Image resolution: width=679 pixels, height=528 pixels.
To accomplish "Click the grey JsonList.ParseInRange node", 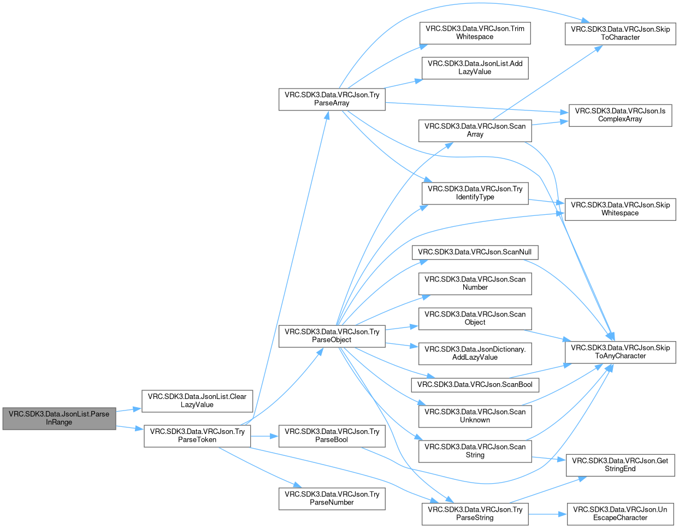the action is tap(59, 418).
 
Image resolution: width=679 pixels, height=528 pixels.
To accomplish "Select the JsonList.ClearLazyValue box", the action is tap(197, 401).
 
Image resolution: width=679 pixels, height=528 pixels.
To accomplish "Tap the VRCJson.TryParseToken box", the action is tap(197, 436).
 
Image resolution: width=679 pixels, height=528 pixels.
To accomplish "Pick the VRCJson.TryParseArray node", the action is tap(332, 99).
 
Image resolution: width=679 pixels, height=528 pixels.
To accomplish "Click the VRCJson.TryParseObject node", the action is tap(332, 336).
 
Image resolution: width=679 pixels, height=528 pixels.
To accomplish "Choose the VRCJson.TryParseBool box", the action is tap(332, 436).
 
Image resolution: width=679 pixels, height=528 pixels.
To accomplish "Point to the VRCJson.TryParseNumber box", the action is tap(332, 498).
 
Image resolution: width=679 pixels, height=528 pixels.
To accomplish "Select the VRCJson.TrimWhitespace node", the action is tap(475, 33).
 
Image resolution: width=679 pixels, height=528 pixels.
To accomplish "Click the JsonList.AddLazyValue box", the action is tap(475, 68).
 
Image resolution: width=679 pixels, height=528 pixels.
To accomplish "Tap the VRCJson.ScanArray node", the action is tap(475, 131).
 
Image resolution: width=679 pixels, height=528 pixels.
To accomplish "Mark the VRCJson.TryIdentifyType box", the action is tap(475, 193).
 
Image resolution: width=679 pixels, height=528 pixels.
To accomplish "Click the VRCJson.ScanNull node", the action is tap(475, 253).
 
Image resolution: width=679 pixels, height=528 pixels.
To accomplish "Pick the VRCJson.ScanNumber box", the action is tap(475, 284).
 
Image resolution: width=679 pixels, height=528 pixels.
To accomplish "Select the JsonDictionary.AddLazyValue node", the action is tap(475, 354).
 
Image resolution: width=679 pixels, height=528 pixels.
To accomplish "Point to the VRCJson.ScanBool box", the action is tap(475, 385).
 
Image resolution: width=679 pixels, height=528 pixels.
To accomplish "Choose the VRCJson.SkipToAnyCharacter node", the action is tap(620, 353).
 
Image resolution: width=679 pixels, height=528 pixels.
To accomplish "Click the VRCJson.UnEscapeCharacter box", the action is tap(620, 514).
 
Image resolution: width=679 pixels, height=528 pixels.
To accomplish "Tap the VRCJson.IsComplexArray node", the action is tap(620, 115).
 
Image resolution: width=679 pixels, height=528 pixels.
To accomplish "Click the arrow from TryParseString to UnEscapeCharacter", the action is tap(547, 514).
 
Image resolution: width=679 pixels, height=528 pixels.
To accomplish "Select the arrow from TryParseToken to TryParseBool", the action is tap(265, 436).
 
